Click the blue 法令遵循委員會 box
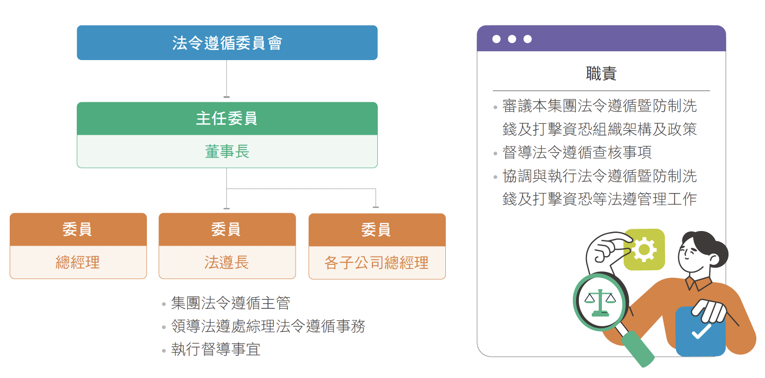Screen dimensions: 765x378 227,43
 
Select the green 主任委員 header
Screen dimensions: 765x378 227,118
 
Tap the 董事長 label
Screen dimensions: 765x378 227,152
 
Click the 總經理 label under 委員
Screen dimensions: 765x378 78,262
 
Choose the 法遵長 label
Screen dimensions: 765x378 227,262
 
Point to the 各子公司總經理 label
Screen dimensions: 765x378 376,263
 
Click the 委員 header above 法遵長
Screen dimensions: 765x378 227,229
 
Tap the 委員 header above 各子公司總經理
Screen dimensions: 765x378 377,230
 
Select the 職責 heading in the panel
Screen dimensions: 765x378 601,73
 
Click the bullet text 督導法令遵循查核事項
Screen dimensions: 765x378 577,152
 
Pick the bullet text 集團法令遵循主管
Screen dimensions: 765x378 231,303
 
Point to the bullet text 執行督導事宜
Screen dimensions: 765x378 216,349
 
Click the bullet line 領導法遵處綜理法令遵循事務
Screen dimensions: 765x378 268,326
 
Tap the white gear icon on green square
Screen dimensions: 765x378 644,250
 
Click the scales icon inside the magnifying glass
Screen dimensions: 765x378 600,303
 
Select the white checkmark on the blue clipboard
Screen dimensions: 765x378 701,331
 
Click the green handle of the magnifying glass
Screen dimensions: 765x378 637,349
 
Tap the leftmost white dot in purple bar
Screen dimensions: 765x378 496,39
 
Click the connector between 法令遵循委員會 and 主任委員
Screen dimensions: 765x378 226,79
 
